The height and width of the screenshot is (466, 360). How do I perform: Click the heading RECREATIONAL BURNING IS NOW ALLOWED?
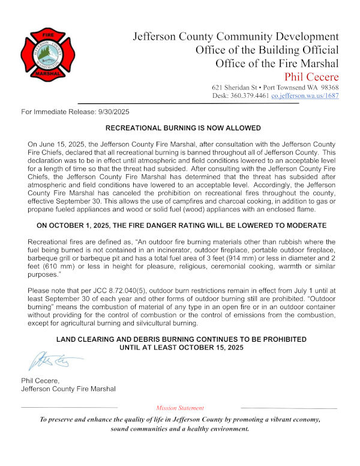[183, 129]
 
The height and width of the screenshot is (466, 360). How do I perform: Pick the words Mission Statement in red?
[179, 408]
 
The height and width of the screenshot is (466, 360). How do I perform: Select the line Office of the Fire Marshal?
[277, 63]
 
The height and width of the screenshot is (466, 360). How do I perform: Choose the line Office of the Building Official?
[267, 50]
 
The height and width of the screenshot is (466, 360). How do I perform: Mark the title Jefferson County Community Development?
[235, 37]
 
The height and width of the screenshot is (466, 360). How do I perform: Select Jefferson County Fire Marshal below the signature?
[68, 389]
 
